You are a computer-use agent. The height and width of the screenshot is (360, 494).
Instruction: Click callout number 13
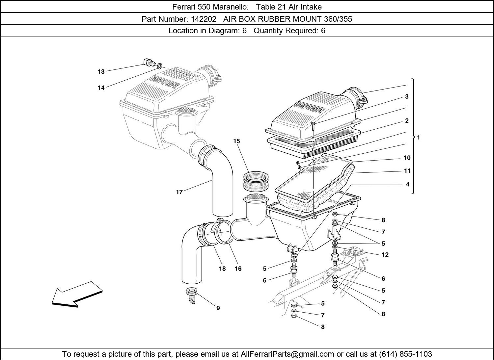click(x=101, y=72)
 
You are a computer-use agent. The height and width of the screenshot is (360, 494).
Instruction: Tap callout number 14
click(x=101, y=88)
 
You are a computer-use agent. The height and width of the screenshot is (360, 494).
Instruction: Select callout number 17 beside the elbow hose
click(x=179, y=192)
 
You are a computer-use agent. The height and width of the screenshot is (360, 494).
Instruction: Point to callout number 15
click(x=236, y=141)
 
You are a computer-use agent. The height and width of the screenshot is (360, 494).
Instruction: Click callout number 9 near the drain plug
click(x=218, y=308)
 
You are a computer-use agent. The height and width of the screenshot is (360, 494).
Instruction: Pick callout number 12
click(x=385, y=255)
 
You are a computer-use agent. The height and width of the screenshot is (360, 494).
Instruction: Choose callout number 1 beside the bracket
click(x=418, y=138)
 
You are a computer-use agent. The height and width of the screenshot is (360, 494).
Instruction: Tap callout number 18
click(x=222, y=269)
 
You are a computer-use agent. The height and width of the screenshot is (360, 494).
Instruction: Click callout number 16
click(x=238, y=269)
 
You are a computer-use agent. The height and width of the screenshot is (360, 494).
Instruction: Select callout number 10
click(x=407, y=158)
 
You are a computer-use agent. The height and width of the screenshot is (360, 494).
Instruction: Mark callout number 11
click(x=407, y=171)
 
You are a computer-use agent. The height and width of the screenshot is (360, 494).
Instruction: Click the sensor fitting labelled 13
click(x=148, y=62)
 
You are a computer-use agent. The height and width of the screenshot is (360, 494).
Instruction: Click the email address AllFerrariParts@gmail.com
click(x=287, y=354)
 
